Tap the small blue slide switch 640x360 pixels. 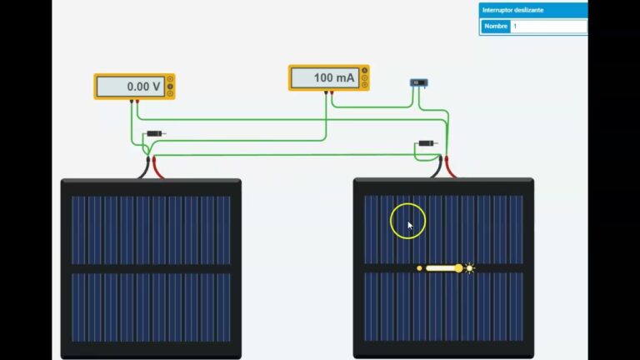click(419, 82)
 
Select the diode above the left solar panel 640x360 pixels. click(155, 133)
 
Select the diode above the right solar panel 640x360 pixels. click(427, 143)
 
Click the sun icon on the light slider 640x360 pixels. click(470, 268)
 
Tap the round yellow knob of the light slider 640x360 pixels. click(458, 268)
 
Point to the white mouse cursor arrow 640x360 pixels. click(409, 224)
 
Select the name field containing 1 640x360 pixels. click(547, 27)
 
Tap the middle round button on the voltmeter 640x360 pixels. click(170, 86)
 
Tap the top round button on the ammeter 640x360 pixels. click(364, 70)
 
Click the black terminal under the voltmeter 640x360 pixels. click(131, 102)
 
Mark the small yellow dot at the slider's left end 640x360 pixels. click(419, 268)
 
